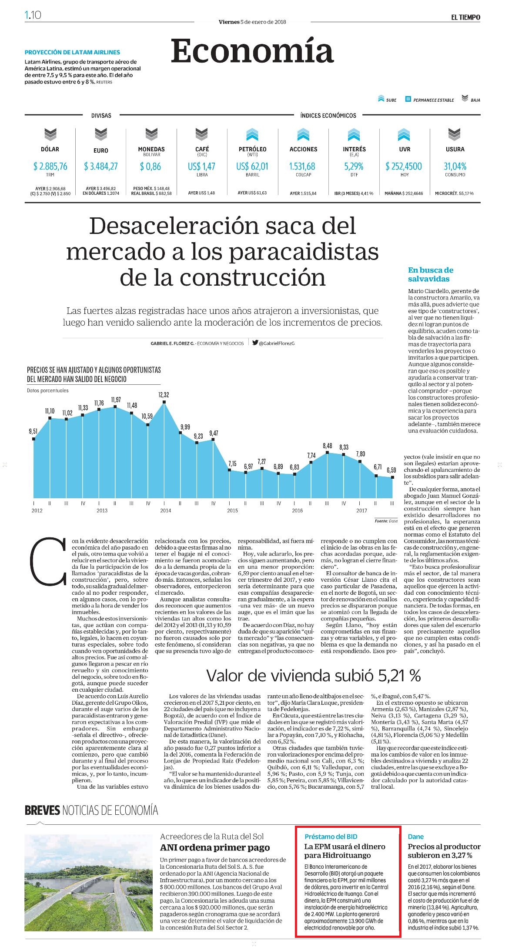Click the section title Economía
[x=252, y=51]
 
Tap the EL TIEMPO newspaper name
[x=465, y=17]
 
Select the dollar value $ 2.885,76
[x=50, y=166]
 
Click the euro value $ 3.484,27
[x=101, y=166]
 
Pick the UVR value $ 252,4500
[x=404, y=166]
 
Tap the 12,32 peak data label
[x=164, y=395]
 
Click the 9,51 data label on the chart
[x=33, y=431]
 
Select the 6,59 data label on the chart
[x=391, y=470]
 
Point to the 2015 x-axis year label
[x=232, y=510]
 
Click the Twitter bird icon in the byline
[x=255, y=342]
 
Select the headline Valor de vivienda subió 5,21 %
[x=314, y=675]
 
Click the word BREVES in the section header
[x=42, y=810]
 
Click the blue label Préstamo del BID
[x=331, y=836]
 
